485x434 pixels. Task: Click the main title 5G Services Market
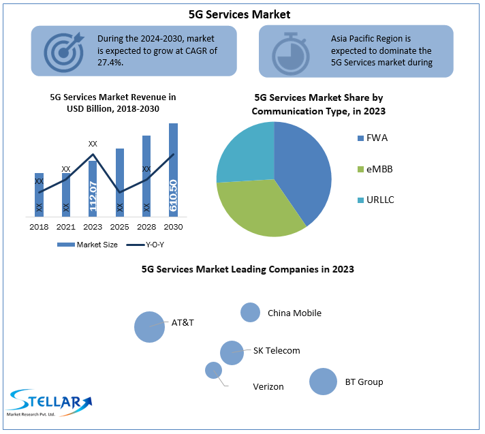pos(240,14)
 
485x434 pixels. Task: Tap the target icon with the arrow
pos(63,50)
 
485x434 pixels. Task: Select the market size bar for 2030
pos(173,170)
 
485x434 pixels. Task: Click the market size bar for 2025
pos(120,183)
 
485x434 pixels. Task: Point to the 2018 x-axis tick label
pos(39,226)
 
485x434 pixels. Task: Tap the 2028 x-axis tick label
pos(146,226)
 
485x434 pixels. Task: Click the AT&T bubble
pos(149,327)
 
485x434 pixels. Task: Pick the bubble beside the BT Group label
pos(323,382)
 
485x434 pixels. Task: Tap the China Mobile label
pos(294,313)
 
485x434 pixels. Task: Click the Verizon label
pos(268,386)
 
